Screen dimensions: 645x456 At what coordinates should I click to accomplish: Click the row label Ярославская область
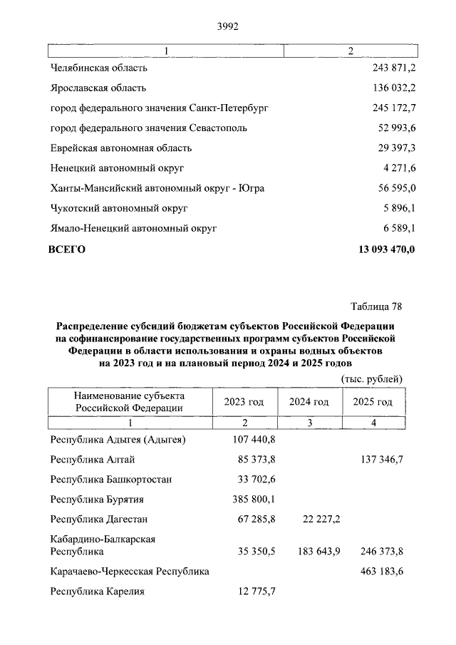tap(98, 88)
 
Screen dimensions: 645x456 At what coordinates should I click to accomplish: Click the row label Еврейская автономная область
tap(121, 148)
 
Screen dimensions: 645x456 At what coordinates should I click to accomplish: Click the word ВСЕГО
tap(67, 249)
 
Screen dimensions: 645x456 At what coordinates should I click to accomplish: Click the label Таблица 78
tap(377, 307)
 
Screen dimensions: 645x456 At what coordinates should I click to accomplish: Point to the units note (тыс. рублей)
tap(373, 378)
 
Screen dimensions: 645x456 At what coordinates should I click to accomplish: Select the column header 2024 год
tap(309, 402)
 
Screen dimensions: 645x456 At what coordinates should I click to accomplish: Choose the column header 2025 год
tap(373, 402)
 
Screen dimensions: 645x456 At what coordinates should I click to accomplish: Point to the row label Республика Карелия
tap(98, 592)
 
